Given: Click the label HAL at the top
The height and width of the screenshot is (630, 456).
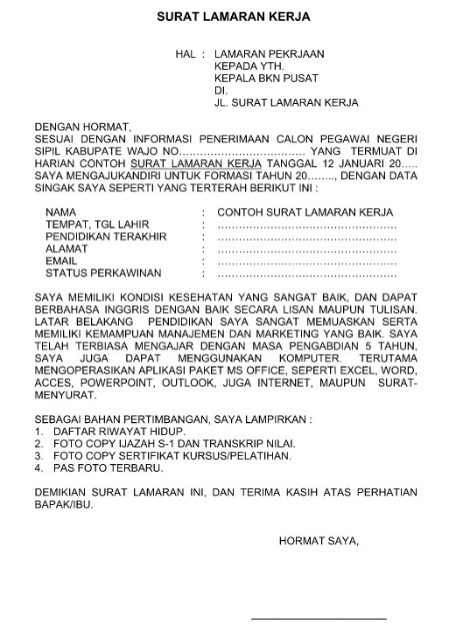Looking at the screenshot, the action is point(185,54).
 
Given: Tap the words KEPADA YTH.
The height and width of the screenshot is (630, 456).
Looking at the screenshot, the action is point(249,66).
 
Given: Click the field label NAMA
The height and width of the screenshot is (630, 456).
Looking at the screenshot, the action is point(60,212).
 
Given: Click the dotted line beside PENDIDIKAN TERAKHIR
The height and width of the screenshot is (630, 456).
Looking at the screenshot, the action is point(306,237).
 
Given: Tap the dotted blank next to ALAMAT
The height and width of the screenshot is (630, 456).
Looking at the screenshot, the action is point(306,249).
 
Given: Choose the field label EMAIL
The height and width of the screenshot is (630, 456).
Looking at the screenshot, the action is point(61,261).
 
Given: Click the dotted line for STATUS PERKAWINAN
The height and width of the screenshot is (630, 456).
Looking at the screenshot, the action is point(306,273).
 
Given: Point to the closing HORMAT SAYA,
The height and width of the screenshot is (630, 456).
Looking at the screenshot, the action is point(319,541).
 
